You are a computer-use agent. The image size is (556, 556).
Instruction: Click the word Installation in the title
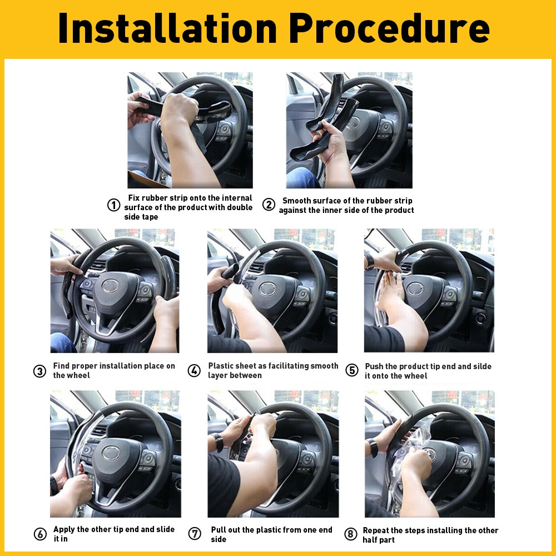click(x=167, y=29)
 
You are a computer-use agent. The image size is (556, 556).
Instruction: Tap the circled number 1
click(x=113, y=205)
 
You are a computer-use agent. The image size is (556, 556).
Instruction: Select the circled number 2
click(x=269, y=205)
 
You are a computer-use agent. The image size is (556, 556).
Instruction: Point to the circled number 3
click(x=39, y=371)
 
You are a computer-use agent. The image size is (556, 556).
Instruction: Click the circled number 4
click(x=194, y=371)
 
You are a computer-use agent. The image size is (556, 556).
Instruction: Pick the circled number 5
click(x=352, y=370)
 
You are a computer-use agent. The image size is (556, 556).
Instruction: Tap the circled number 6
click(x=40, y=534)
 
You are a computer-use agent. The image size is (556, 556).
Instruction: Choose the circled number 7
click(x=195, y=534)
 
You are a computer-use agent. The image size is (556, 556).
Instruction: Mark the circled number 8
click(x=350, y=534)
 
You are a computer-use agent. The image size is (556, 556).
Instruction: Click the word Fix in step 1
click(x=133, y=198)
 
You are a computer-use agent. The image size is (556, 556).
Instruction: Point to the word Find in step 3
click(x=62, y=366)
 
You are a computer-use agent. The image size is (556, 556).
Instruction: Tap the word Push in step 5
click(x=375, y=366)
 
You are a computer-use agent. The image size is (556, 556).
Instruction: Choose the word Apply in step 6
click(x=64, y=529)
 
